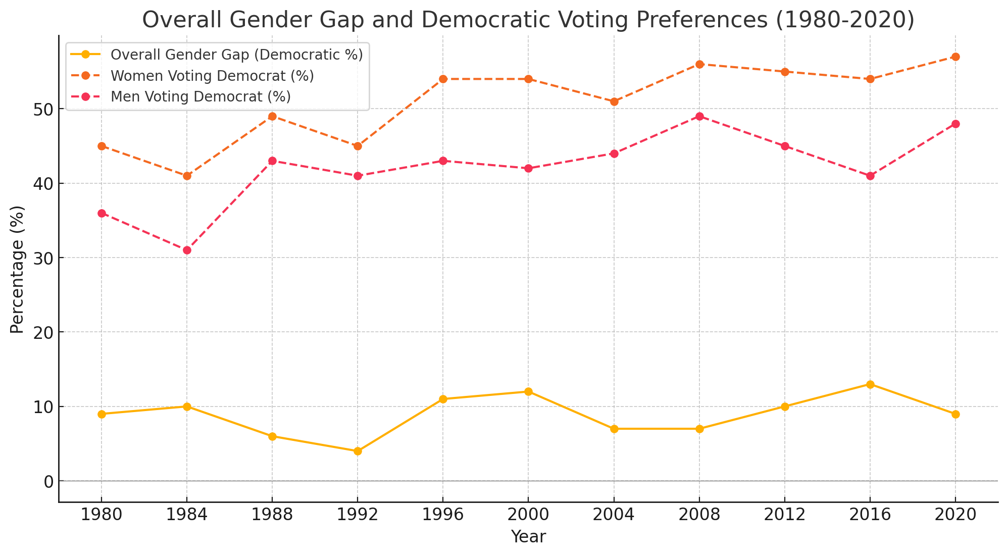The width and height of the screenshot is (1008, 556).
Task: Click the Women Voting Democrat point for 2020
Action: [x=955, y=57]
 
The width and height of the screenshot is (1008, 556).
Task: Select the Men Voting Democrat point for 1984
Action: [x=187, y=250]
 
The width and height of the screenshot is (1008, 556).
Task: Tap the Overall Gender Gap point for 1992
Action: [x=358, y=451]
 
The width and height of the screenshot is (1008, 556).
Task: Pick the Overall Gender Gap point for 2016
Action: [x=870, y=384]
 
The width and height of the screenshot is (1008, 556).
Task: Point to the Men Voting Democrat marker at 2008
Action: [x=699, y=117]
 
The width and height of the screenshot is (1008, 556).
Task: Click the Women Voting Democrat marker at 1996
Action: [x=443, y=79]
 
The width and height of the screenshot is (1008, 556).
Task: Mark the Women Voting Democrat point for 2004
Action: [x=614, y=102]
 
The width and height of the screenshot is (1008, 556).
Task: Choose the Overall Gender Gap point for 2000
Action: [x=528, y=392]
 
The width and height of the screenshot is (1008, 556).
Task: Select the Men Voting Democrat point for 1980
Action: [x=102, y=213]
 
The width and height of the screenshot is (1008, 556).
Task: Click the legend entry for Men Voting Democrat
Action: [x=200, y=97]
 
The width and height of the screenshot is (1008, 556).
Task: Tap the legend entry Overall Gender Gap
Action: [x=236, y=55]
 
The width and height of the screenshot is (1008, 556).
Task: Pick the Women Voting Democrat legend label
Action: [x=212, y=76]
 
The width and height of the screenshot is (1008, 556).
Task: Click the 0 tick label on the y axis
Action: [x=48, y=482]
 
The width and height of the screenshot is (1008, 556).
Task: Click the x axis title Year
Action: [x=528, y=537]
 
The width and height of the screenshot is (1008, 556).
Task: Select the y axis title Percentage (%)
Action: [x=18, y=269]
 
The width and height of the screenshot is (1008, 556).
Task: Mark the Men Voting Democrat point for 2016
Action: [x=870, y=176]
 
